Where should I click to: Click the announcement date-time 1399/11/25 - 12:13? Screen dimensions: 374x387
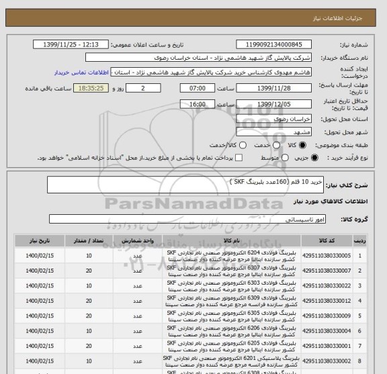click(x=71, y=44)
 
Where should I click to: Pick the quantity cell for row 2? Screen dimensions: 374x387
click(x=89, y=271)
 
